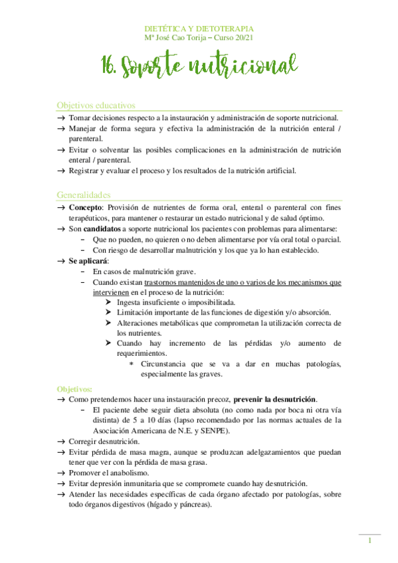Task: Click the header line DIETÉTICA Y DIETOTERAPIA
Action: (x=199, y=29)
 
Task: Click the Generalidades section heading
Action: (x=84, y=195)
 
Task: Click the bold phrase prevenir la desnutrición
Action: (x=275, y=400)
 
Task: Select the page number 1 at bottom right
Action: (x=369, y=542)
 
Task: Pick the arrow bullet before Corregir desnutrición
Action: (x=61, y=442)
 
